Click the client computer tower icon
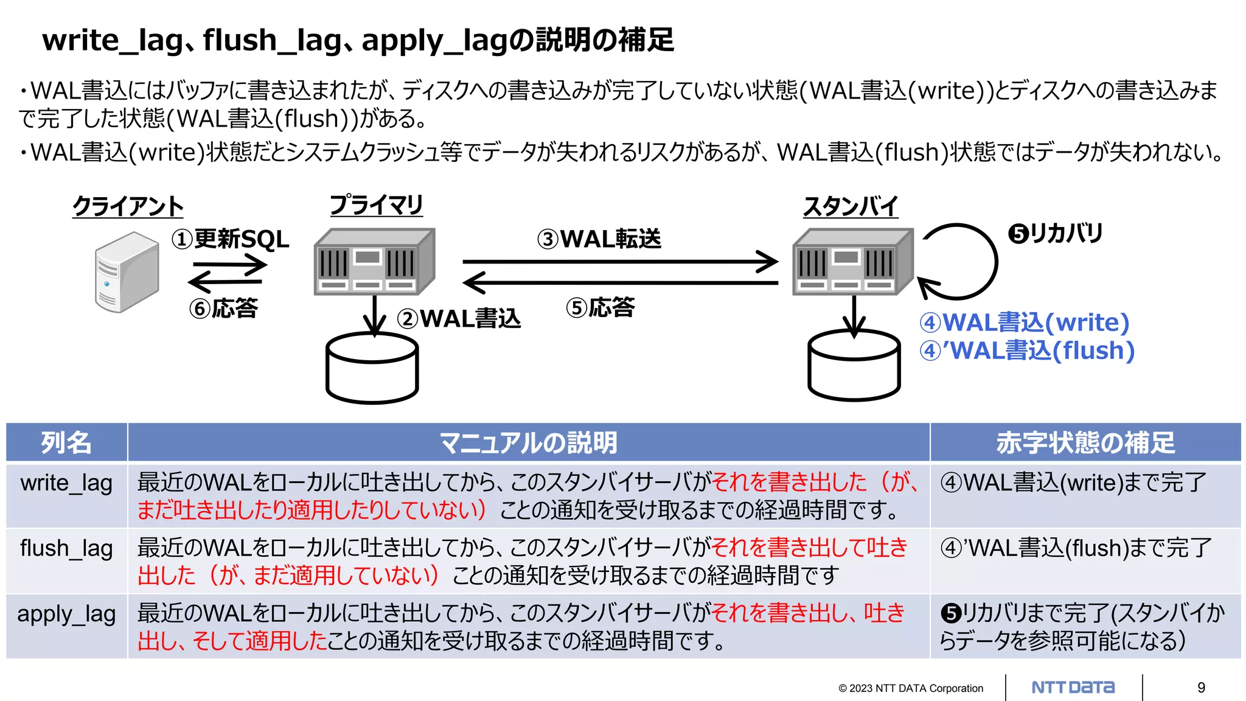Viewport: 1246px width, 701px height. (x=127, y=271)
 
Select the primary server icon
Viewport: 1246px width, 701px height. (x=374, y=262)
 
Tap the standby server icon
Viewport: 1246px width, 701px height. (x=852, y=262)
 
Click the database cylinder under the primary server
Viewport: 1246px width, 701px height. (x=372, y=369)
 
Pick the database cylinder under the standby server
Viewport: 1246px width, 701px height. (x=854, y=366)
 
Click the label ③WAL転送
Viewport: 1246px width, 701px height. (x=599, y=239)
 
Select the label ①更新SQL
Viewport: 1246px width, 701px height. (x=231, y=239)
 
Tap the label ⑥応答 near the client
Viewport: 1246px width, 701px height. (x=224, y=309)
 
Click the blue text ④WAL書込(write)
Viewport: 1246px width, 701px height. (x=1025, y=323)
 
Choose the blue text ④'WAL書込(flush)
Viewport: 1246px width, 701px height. (x=1027, y=351)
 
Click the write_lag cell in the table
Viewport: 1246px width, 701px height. (x=66, y=483)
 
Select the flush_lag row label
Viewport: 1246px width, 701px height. (x=66, y=548)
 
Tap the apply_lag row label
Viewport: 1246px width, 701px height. (x=66, y=614)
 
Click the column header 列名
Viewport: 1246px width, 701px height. (x=66, y=442)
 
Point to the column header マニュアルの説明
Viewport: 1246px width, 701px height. (x=528, y=442)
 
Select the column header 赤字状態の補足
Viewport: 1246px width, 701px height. (x=1085, y=442)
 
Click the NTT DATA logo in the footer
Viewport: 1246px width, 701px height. (x=1073, y=688)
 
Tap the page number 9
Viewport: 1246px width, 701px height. (x=1201, y=688)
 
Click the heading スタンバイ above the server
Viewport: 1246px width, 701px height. (x=851, y=207)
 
